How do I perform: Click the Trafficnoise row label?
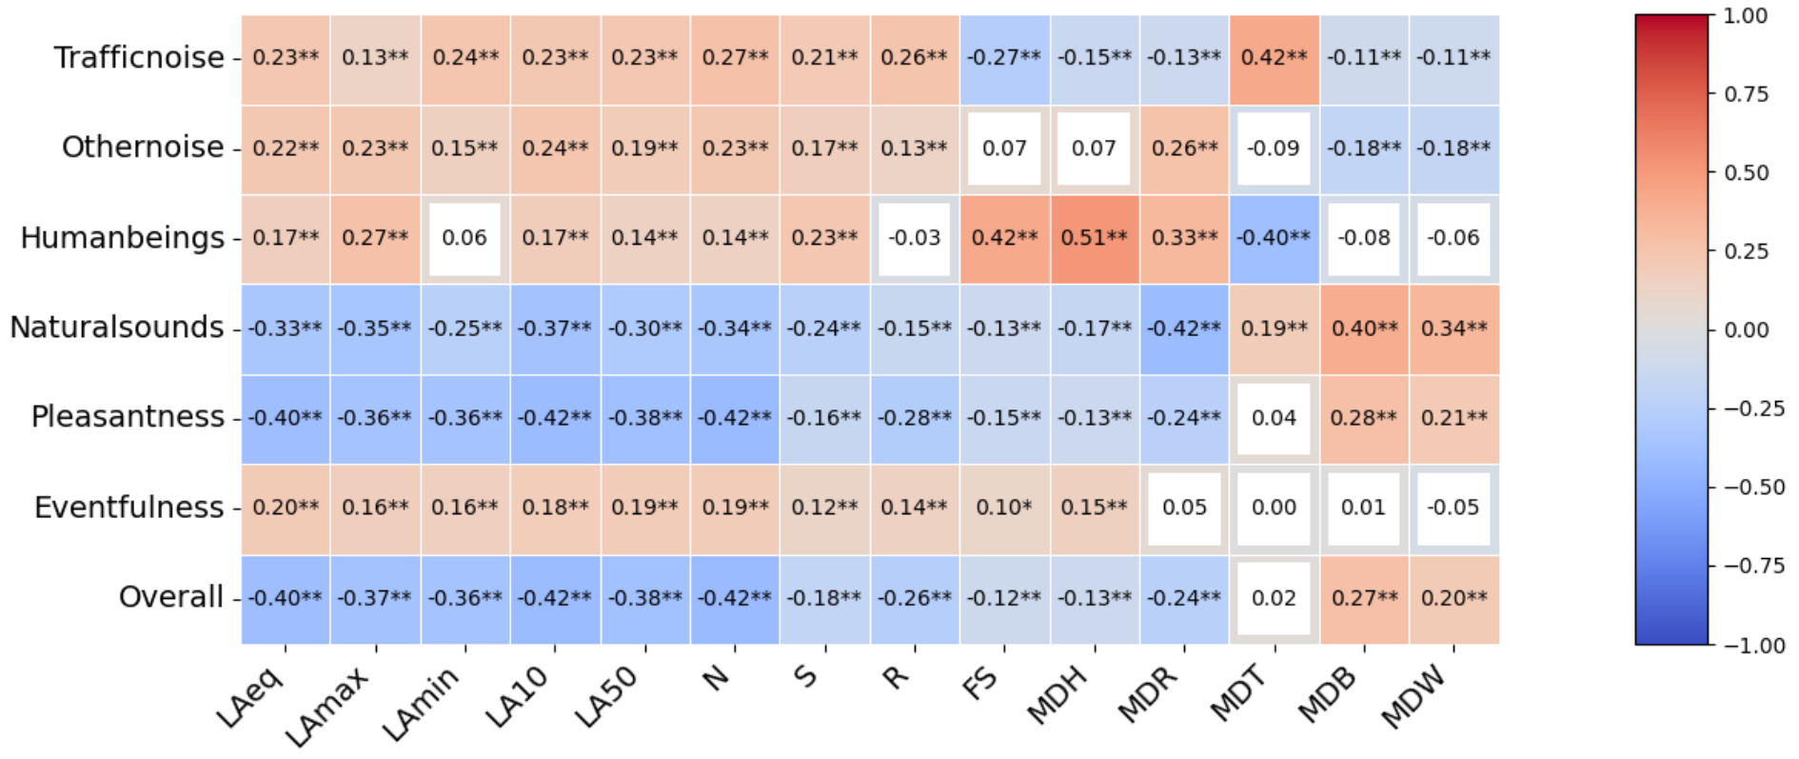[x=139, y=58]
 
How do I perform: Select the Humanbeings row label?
[x=122, y=238]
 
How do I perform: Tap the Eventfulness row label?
[x=128, y=508]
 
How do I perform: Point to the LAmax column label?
[x=329, y=706]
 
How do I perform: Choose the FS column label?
[x=981, y=683]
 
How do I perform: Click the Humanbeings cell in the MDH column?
[x=1095, y=238]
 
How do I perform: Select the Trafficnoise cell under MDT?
[x=1274, y=58]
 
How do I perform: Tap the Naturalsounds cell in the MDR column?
[x=1184, y=329]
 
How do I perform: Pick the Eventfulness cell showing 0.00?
[x=1274, y=508]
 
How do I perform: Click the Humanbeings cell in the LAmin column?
[x=465, y=238]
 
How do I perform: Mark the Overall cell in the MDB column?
[x=1364, y=598]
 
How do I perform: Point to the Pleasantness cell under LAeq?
[x=286, y=418]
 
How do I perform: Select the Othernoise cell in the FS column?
[x=1004, y=149]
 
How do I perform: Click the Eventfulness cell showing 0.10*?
[x=1004, y=508]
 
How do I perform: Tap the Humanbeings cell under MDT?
[x=1274, y=238]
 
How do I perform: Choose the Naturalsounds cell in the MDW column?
[x=1453, y=329]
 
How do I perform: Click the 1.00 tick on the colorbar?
[x=1746, y=16]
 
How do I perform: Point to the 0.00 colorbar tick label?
[x=1746, y=330]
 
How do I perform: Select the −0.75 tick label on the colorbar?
[x=1754, y=566]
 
